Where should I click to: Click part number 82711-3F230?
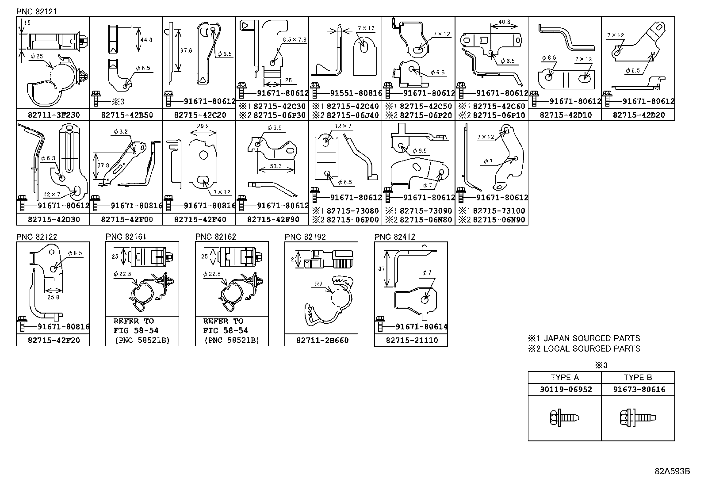pos(53,115)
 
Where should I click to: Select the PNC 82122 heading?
pos(37,237)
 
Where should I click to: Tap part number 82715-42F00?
pos(126,219)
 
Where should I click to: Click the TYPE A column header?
pos(565,377)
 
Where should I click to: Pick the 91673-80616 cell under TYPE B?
pos(638,390)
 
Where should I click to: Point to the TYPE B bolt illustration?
pos(638,417)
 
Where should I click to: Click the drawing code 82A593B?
pos(672,471)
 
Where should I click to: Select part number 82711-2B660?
pos(321,341)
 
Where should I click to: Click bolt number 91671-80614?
pos(421,327)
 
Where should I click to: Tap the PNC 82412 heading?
pos(394,237)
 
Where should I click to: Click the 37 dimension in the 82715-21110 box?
pos(382,268)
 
